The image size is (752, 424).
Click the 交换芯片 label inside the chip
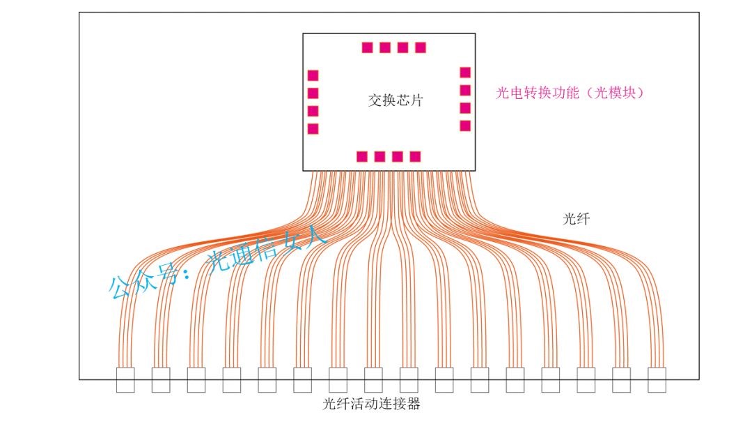tap(395, 100)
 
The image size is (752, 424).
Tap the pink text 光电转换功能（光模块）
tap(570, 93)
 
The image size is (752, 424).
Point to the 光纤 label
tap(576, 219)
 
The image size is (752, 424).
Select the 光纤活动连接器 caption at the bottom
tap(372, 404)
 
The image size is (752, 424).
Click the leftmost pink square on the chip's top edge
tap(368, 47)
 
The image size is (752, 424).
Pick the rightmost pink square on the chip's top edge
tap(421, 47)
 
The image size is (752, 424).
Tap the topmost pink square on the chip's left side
tap(313, 75)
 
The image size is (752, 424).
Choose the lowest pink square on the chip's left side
tap(313, 128)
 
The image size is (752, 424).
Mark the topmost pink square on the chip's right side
tap(465, 73)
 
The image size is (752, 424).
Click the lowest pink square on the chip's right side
tap(465, 126)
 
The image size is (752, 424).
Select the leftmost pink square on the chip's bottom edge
tap(362, 156)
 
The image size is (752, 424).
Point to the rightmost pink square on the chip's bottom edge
tap(415, 156)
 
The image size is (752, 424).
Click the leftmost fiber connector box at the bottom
tap(125, 380)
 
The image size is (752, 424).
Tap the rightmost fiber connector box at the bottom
tap(657, 380)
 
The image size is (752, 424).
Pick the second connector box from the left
tap(161, 380)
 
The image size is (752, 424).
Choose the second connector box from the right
tap(621, 380)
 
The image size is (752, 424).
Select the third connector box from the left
tap(196, 380)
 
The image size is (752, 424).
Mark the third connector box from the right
tap(586, 380)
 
